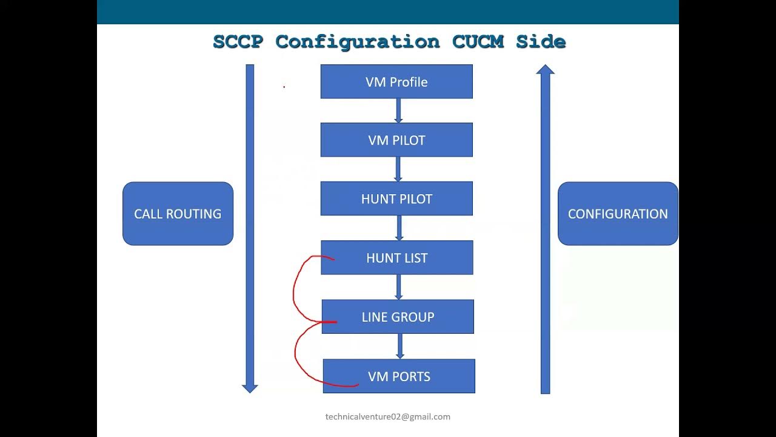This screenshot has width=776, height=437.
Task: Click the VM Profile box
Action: point(396,82)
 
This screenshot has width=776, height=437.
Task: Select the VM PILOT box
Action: point(396,140)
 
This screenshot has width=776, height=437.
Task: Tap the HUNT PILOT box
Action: point(396,199)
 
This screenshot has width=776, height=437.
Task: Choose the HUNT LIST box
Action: point(396,258)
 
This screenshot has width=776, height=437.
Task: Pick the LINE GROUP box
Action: point(398,317)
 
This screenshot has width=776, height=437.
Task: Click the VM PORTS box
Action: point(399,376)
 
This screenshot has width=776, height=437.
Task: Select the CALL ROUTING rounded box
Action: point(178,214)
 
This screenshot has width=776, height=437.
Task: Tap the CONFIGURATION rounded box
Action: point(618,214)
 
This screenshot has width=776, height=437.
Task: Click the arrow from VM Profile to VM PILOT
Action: point(398,110)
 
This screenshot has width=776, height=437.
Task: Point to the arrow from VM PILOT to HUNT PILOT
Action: point(398,169)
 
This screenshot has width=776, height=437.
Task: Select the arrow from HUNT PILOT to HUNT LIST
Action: point(399,228)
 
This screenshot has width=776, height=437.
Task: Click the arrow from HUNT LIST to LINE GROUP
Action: point(398,287)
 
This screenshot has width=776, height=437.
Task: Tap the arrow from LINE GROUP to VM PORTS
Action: point(400,346)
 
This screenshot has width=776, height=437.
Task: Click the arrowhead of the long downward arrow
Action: point(250,388)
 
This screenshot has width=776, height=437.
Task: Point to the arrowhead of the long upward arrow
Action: point(545,69)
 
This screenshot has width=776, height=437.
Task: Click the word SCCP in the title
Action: point(239,42)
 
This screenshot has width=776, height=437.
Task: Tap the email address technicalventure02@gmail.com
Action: point(388,417)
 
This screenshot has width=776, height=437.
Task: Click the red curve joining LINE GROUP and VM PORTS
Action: point(296,355)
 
